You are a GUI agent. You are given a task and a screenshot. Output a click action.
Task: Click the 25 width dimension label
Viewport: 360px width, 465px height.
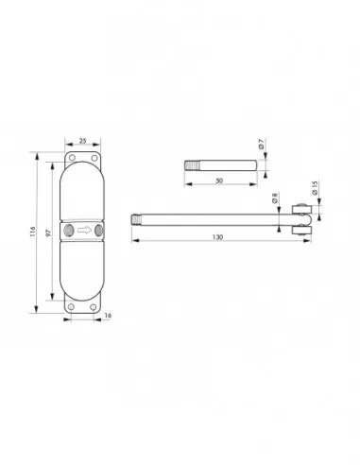coord(82,141)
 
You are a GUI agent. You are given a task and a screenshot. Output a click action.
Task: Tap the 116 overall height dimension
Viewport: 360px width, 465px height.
coord(33,232)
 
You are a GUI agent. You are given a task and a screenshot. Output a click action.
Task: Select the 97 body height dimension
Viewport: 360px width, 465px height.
coord(48,232)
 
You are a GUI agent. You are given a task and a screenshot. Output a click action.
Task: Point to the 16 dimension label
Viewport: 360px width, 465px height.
coord(108,316)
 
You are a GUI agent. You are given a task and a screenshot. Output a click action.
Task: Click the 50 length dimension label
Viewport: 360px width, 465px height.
coord(219,181)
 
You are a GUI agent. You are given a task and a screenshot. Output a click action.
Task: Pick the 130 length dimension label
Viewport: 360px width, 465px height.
coord(217,237)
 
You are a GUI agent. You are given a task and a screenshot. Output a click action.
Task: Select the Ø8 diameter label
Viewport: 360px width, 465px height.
coord(274,198)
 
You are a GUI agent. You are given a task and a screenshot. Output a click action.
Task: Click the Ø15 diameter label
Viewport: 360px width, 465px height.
coord(316,188)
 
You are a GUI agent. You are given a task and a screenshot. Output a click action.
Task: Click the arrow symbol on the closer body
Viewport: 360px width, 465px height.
coord(84,231)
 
